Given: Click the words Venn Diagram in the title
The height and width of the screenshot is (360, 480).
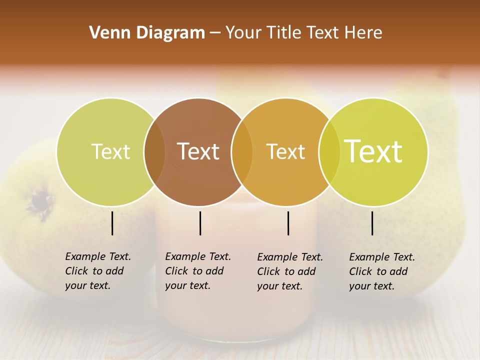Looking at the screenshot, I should (x=147, y=33).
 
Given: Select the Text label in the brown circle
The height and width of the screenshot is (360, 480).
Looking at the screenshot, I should (x=198, y=151).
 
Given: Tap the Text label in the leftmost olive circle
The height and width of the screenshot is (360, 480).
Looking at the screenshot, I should (x=110, y=151).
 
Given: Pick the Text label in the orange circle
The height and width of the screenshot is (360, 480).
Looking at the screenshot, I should (x=285, y=151).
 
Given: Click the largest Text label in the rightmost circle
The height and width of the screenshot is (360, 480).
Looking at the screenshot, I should (x=373, y=151).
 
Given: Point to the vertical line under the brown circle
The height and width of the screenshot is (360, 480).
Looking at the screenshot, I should (x=200, y=223).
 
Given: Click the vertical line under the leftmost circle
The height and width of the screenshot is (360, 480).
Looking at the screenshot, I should (x=112, y=223).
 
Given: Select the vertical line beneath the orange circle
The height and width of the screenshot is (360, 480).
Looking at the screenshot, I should (x=288, y=223).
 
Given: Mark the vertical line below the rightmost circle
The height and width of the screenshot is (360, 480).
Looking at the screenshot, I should (x=372, y=223).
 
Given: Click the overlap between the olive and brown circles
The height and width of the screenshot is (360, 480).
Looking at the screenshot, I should (x=154, y=151).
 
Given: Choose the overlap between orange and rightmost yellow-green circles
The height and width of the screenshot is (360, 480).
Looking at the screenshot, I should (x=329, y=151).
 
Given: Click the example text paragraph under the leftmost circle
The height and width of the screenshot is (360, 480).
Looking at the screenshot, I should (x=97, y=271).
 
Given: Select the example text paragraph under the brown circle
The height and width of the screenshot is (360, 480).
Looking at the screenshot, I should (x=197, y=271).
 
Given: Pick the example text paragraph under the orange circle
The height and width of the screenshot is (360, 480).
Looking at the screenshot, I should (x=289, y=271).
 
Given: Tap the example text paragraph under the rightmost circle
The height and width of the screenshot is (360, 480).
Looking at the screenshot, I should (x=381, y=271).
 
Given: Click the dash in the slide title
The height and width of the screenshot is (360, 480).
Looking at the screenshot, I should (x=215, y=33).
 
